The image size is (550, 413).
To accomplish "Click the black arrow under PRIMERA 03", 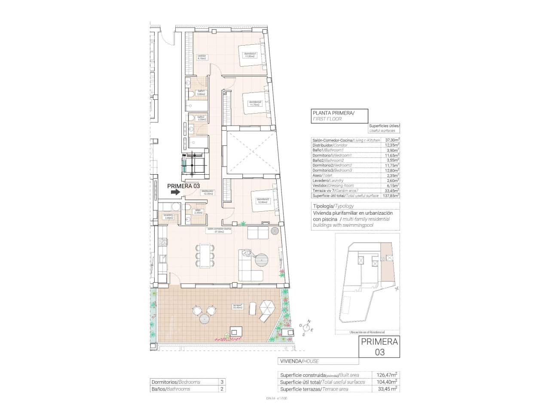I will (175, 192).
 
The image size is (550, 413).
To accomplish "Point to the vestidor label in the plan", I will (202, 57).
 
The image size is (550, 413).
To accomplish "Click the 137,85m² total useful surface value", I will (391, 196).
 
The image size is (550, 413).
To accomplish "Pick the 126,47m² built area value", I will (387, 375).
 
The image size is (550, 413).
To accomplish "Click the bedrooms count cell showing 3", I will (222, 382).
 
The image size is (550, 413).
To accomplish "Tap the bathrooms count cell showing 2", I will (222, 389).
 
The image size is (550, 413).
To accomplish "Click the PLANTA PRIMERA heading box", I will (339, 116).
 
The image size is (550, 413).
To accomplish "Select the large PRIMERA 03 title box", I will (379, 347).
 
